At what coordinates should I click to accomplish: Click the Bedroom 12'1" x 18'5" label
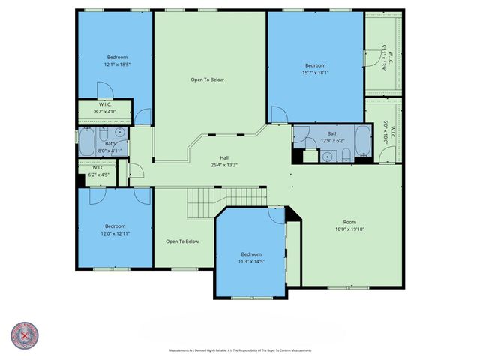coord(116,61)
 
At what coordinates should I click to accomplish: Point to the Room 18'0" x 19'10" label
coord(349,226)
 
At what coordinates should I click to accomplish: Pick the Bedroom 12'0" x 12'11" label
coord(115,230)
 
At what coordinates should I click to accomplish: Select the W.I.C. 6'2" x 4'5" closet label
coord(99,172)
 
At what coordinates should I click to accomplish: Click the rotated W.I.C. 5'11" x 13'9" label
coord(384,57)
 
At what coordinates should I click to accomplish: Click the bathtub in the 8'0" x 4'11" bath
coord(86,139)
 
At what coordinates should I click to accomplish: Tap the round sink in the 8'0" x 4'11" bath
coord(118,132)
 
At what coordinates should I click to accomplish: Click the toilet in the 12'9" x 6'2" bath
coord(346,155)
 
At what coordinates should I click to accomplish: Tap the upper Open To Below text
coord(207,79)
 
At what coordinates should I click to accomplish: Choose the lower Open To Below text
coord(182,241)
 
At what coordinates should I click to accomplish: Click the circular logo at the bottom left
coord(25,336)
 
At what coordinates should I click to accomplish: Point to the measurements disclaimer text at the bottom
coord(240,350)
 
